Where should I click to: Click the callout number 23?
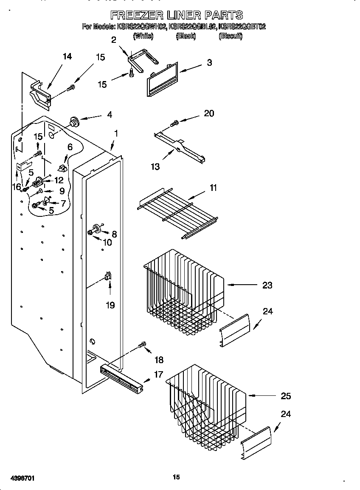267,285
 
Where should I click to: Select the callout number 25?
286,396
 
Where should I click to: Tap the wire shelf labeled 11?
178,212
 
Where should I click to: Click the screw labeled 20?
174,123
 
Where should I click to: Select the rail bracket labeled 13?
180,147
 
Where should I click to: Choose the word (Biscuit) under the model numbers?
230,36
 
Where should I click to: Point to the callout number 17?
158,375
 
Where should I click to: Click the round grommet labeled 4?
75,122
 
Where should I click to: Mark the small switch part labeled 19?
108,277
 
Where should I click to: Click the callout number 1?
115,133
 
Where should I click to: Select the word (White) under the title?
143,36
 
